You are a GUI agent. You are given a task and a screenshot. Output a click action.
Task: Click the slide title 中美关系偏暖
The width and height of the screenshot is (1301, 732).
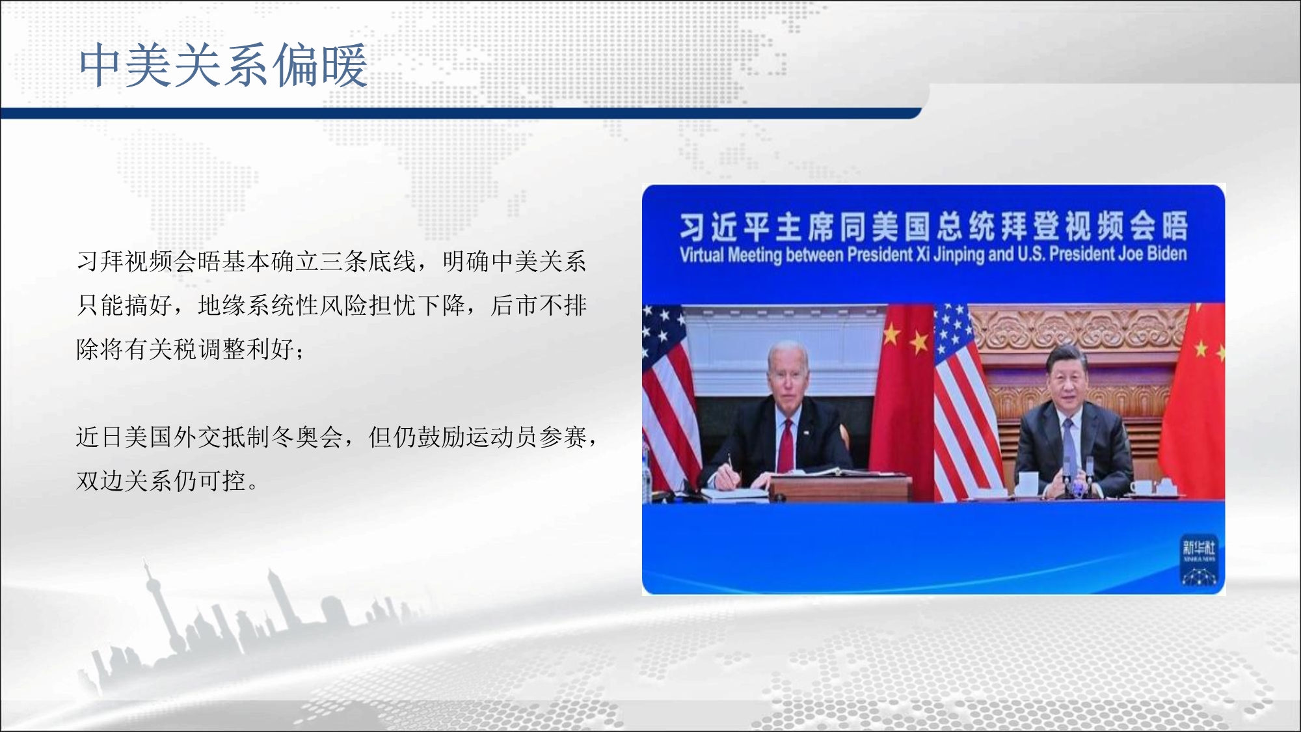click(223, 65)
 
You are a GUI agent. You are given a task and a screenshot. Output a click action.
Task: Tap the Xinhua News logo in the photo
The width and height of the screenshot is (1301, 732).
click(1198, 561)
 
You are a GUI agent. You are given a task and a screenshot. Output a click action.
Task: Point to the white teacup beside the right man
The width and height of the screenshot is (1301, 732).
click(1027, 482)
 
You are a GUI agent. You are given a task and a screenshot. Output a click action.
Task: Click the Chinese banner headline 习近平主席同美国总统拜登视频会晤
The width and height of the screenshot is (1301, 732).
click(933, 226)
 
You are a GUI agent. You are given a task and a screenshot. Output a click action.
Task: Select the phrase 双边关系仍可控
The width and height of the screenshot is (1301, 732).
click(161, 481)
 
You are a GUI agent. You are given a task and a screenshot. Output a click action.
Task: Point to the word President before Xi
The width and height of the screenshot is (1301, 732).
click(881, 254)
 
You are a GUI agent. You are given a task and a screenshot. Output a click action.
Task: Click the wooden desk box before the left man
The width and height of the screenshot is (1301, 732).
click(841, 486)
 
